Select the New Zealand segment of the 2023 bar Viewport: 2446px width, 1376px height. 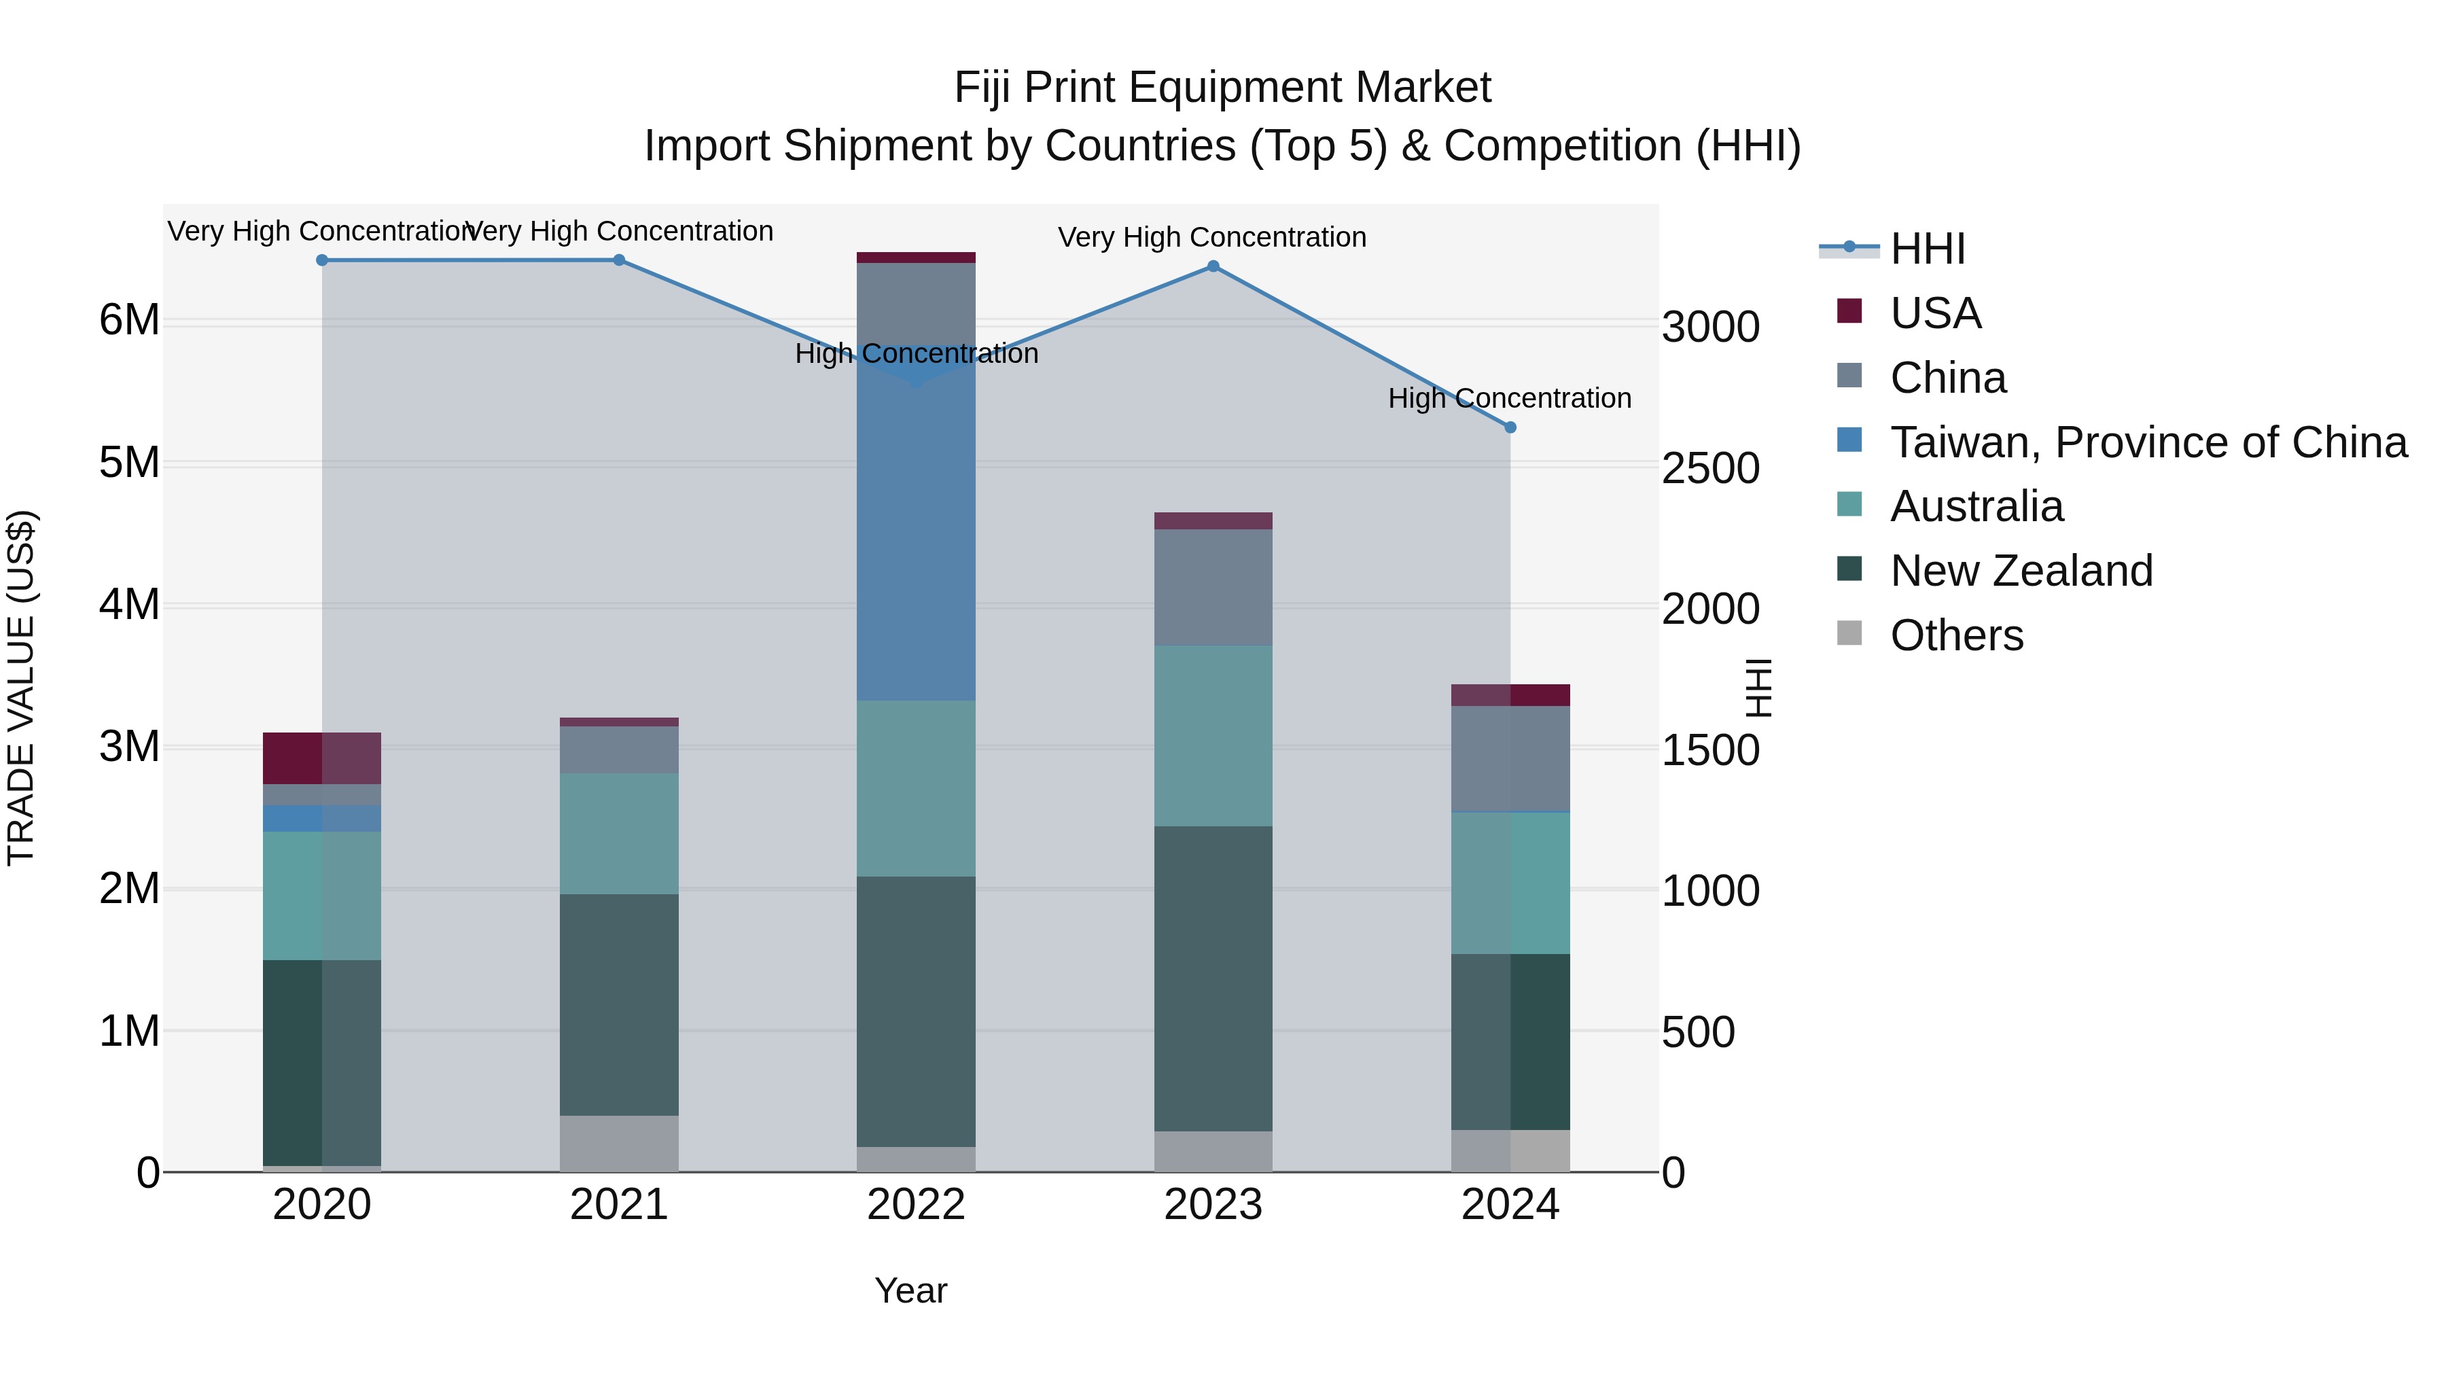tap(1213, 978)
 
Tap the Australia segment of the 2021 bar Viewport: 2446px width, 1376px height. tap(619, 833)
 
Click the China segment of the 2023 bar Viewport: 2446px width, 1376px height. tap(1213, 587)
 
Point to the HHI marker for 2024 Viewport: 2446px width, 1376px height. tap(1510, 427)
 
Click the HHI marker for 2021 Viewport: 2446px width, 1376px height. tap(619, 260)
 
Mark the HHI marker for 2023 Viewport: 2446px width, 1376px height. tap(1213, 266)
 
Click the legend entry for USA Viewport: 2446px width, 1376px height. tap(1934, 313)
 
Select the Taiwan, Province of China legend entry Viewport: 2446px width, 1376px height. tap(2148, 442)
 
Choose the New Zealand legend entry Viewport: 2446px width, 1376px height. tap(2021, 571)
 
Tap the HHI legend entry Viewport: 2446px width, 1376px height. tap(1927, 249)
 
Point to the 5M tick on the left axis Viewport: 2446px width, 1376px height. tap(129, 463)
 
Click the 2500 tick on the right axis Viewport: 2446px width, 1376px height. tap(1710, 468)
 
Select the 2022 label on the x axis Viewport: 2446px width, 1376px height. tap(917, 1205)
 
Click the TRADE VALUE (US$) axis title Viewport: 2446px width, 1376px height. tap(21, 688)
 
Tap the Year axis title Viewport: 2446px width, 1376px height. tap(910, 1290)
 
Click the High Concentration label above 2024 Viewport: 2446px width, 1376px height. tap(1510, 398)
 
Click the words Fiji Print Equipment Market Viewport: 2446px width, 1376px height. tap(1222, 88)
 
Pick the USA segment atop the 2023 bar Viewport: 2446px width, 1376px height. tap(1213, 521)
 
